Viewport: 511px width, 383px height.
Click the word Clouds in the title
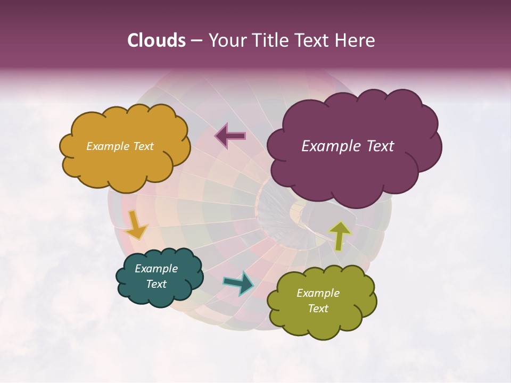(x=156, y=40)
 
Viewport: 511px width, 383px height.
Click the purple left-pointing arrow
(x=230, y=136)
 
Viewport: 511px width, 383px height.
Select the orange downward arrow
(x=136, y=224)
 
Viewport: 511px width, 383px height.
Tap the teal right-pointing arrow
(x=238, y=283)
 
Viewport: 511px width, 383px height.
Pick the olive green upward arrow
(x=340, y=236)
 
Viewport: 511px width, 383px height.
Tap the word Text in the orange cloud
(x=143, y=146)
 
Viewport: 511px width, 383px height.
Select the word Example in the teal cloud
(x=156, y=269)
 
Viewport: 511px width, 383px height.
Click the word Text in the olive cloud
(x=318, y=309)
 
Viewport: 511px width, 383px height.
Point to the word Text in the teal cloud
(x=156, y=284)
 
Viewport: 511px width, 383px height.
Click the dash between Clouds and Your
(x=196, y=41)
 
